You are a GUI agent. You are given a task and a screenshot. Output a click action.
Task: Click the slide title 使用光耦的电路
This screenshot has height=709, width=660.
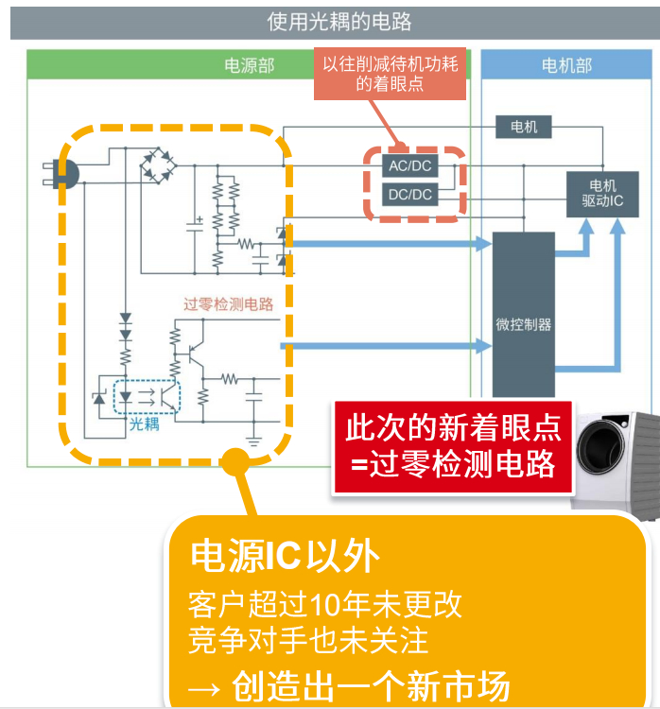tap(339, 22)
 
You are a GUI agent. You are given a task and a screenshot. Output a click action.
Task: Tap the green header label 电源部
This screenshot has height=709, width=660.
tap(250, 66)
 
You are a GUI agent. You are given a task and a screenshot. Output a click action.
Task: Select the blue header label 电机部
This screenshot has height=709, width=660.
tap(566, 66)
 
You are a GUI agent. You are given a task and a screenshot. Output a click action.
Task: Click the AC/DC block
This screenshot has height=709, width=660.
tap(410, 165)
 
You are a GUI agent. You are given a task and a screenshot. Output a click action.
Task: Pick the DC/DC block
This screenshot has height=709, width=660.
tap(410, 195)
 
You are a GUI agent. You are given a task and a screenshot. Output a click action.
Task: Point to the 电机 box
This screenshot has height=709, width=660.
tap(524, 127)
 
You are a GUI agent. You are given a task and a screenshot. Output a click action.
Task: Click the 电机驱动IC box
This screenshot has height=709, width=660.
tap(602, 194)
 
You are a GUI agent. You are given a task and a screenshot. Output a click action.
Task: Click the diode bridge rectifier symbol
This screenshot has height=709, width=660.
tap(158, 165)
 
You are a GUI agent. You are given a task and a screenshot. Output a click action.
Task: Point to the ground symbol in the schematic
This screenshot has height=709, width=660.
tap(253, 441)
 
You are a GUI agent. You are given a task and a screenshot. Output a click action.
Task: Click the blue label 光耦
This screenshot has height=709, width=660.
tap(144, 424)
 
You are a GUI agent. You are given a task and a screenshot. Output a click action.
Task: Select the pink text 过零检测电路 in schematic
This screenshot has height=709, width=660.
tap(228, 303)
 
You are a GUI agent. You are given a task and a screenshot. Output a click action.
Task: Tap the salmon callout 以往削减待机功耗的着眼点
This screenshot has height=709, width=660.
tap(390, 74)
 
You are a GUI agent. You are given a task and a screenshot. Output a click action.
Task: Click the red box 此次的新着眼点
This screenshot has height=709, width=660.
tap(453, 447)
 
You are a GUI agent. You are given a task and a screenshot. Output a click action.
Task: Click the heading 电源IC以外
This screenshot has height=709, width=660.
tap(285, 556)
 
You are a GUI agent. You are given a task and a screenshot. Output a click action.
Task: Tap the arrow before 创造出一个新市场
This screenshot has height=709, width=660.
tap(204, 689)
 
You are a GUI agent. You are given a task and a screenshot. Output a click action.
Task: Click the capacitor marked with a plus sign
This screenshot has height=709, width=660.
tap(195, 226)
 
